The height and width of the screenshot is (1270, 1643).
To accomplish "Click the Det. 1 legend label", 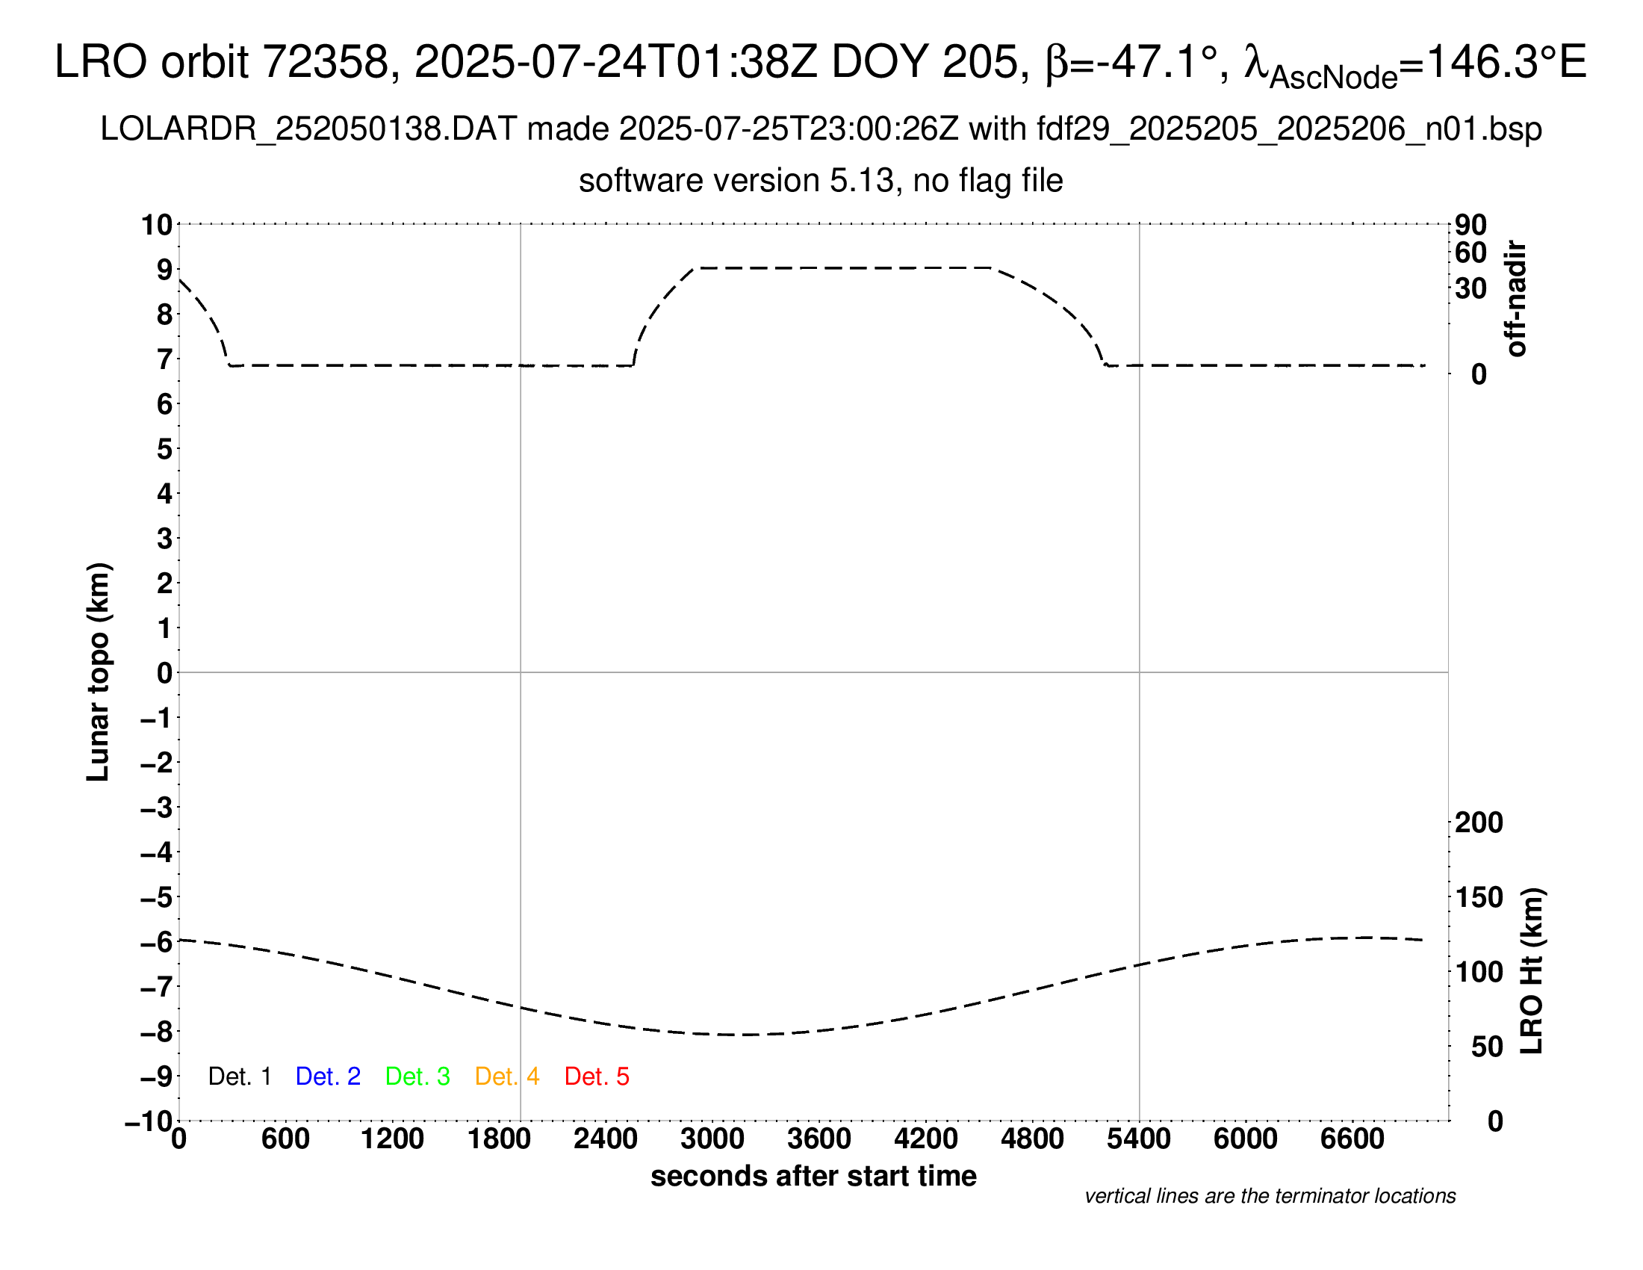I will pos(239,1077).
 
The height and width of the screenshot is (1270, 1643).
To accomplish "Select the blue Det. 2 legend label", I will pos(328,1077).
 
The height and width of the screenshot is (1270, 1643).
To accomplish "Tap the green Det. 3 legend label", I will pos(417,1077).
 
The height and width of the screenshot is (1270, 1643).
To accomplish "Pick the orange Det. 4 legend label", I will pos(507,1077).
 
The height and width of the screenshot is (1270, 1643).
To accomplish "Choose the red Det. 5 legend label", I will pos(597,1077).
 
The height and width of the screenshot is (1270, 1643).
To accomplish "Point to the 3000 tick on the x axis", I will pos(712,1139).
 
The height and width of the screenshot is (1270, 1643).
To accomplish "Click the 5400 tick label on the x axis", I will pos(1138,1139).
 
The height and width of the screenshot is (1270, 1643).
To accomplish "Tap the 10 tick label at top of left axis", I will pos(158,225).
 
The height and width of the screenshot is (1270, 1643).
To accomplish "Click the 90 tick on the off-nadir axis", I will pos(1470,225).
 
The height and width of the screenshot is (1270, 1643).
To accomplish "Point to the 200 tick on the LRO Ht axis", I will pos(1478,823).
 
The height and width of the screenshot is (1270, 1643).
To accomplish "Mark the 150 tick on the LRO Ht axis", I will pos(1478,896).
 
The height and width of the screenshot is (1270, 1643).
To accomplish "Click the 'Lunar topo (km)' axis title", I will pos(99,672).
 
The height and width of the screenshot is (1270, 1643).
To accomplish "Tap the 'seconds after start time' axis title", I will pos(813,1176).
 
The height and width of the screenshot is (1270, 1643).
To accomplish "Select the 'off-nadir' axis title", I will pos(1516,299).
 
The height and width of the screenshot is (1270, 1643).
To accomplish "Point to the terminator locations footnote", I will pos(1270,1196).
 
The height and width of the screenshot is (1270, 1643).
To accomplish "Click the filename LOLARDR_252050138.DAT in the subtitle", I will pos(308,129).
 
